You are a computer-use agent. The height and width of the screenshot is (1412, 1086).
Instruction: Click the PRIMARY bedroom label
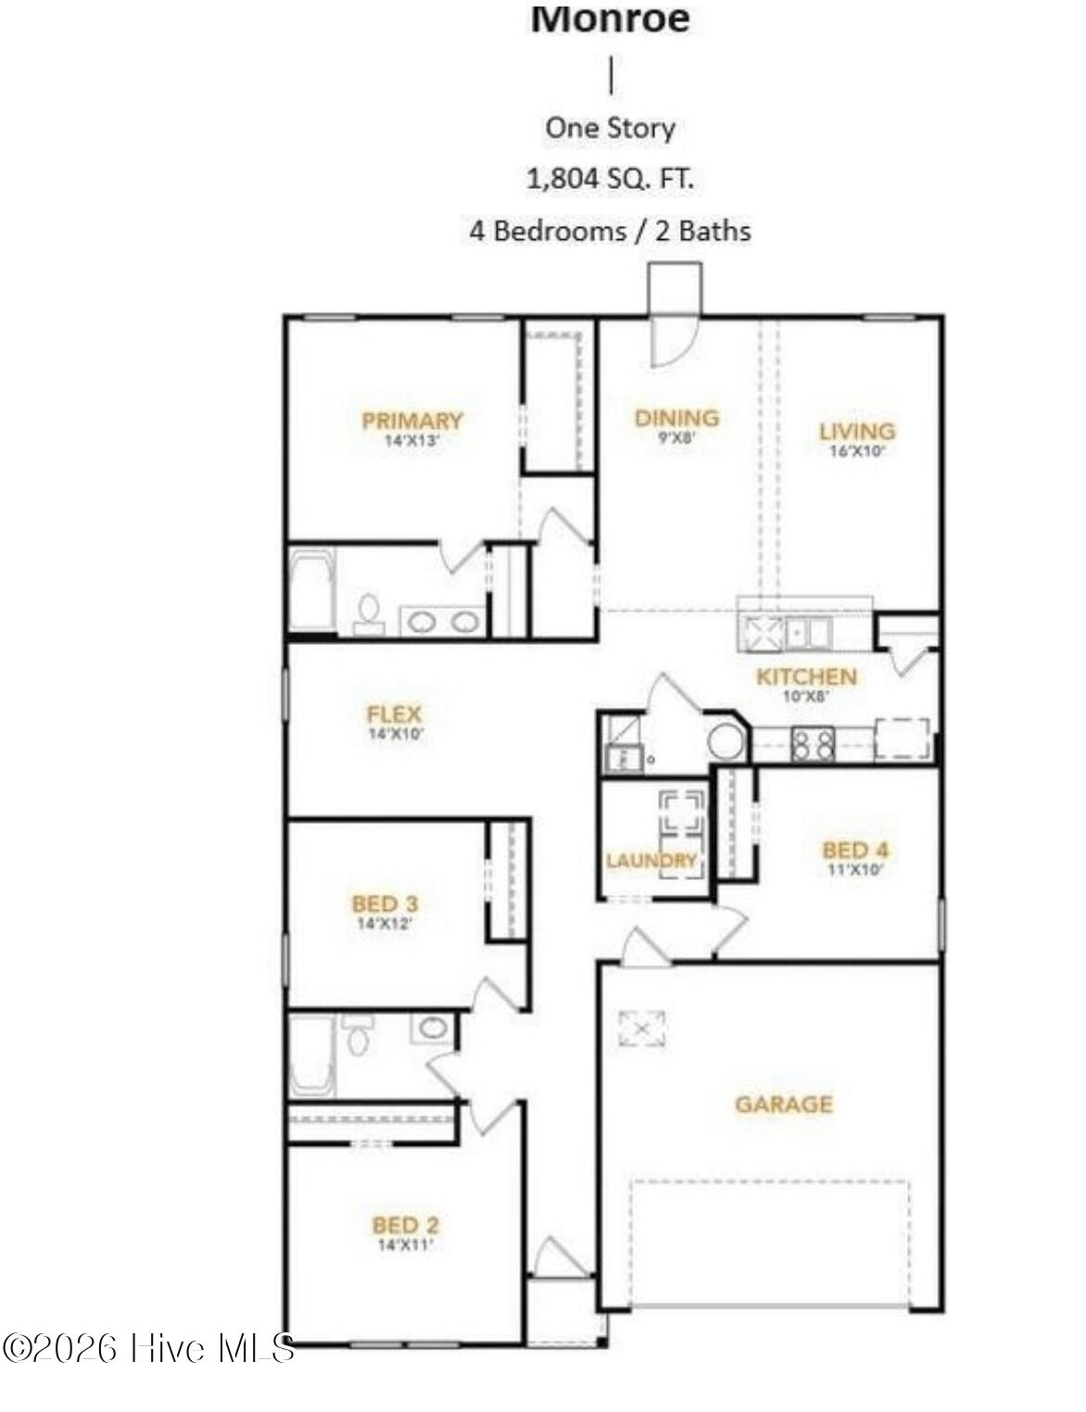(411, 421)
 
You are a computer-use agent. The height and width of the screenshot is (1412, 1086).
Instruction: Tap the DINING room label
(676, 418)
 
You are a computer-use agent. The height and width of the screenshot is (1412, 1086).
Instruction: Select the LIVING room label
(857, 431)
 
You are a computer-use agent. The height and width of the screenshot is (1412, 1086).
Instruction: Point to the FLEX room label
(395, 714)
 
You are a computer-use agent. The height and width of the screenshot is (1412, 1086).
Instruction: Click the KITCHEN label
(806, 676)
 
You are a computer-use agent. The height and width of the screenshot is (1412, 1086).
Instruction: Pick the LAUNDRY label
(650, 861)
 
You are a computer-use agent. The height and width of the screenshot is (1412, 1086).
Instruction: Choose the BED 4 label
(855, 850)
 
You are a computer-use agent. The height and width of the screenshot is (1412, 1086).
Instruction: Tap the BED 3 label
(385, 903)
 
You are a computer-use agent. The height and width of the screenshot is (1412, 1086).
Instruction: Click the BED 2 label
(405, 1225)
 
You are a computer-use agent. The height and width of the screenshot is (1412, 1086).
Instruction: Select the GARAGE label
(784, 1103)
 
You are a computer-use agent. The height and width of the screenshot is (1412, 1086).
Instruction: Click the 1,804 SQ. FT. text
(610, 178)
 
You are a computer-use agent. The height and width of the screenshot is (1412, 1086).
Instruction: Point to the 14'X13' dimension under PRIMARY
(411, 442)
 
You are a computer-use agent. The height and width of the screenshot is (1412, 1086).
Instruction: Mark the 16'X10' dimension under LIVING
(857, 452)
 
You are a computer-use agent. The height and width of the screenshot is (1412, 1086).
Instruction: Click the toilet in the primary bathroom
(368, 613)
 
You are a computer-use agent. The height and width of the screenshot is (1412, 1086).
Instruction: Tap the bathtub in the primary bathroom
(311, 589)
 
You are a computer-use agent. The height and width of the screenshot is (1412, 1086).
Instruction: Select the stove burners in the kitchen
(813, 743)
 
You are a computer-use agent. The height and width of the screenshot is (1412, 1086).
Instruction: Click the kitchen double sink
(808, 634)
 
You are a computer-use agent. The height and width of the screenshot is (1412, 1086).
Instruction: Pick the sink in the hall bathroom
(432, 1027)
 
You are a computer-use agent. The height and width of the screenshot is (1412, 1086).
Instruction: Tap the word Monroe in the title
(610, 19)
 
